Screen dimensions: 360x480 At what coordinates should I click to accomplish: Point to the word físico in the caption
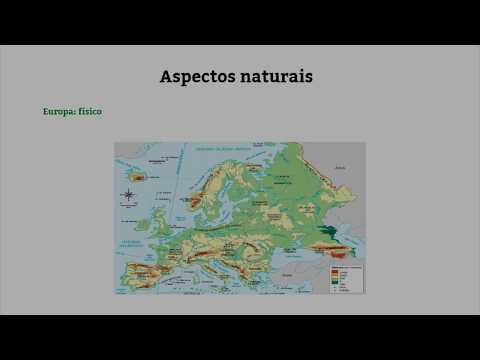90,111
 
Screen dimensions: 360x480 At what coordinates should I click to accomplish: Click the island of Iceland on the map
138,177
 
